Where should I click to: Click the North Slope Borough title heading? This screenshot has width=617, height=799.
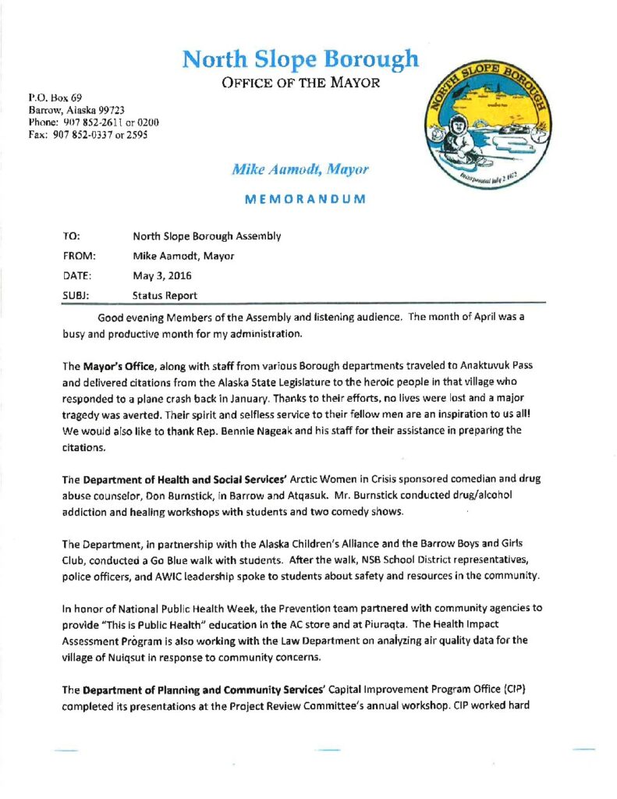point(300,59)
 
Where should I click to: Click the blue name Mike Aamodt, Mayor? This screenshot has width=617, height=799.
point(300,169)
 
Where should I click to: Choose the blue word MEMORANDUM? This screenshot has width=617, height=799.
point(305,199)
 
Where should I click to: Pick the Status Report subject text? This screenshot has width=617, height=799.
point(165,296)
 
